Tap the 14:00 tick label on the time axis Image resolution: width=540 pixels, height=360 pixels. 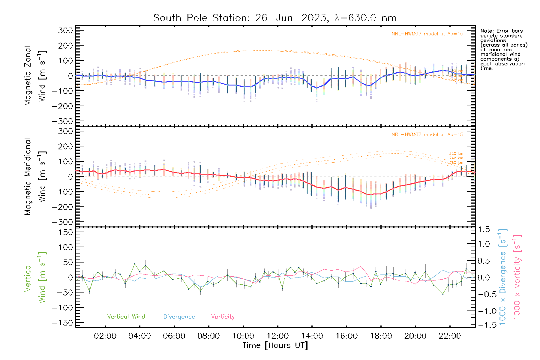tap(312, 336)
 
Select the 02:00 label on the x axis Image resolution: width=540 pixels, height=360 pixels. tap(105, 336)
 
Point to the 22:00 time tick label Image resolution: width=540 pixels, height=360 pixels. tap(449, 336)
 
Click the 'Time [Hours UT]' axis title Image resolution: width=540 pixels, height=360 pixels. tap(275, 346)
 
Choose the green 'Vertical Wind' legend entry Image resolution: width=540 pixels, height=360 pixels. tap(126, 317)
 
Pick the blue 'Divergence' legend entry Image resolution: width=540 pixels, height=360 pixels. tap(179, 317)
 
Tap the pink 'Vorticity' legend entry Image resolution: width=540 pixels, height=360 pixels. tap(223, 317)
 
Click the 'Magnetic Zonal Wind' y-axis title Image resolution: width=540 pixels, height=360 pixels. tap(35, 76)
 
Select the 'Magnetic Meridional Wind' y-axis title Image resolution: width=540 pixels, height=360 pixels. tap(35, 177)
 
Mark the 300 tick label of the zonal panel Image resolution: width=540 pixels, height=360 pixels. tap(66, 30)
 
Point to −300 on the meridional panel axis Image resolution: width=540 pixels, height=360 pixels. tap(62, 222)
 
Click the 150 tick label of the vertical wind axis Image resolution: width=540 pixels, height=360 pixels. tap(66, 232)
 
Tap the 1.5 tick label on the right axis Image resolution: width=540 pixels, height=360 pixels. tap(484, 229)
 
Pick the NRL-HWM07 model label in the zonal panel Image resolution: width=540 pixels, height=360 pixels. tap(427, 34)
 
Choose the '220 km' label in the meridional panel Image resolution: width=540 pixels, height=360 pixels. tap(456, 154)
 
